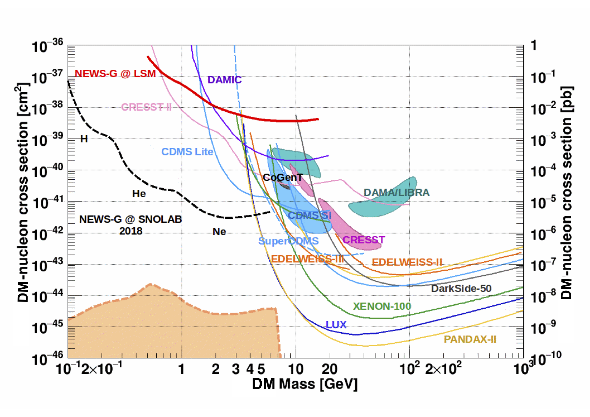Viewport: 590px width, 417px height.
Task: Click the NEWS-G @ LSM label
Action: tap(115, 74)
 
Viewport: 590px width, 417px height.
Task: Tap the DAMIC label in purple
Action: tap(224, 80)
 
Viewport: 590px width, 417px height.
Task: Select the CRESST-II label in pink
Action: tap(146, 107)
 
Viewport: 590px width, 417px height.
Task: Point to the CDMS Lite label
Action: tap(187, 152)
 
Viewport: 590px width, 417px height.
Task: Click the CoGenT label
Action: tap(283, 177)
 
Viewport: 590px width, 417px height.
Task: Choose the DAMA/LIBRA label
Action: tap(396, 193)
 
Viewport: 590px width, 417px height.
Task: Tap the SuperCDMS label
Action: tap(288, 241)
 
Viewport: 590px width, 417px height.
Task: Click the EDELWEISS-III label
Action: tap(307, 259)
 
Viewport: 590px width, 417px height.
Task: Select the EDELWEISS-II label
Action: tap(407, 262)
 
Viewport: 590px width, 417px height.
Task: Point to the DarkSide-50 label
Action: tap(461, 288)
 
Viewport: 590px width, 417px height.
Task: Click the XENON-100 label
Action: tap(382, 306)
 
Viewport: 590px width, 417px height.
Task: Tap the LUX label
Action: tap(336, 324)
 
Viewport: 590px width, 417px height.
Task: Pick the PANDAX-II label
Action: tap(470, 339)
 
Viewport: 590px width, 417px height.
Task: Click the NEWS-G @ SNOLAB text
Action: tap(131, 219)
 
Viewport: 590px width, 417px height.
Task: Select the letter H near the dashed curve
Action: tap(84, 139)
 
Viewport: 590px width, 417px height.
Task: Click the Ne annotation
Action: tap(219, 232)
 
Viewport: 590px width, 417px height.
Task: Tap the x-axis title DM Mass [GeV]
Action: tap(304, 384)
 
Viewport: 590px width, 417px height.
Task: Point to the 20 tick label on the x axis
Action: tap(330, 369)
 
